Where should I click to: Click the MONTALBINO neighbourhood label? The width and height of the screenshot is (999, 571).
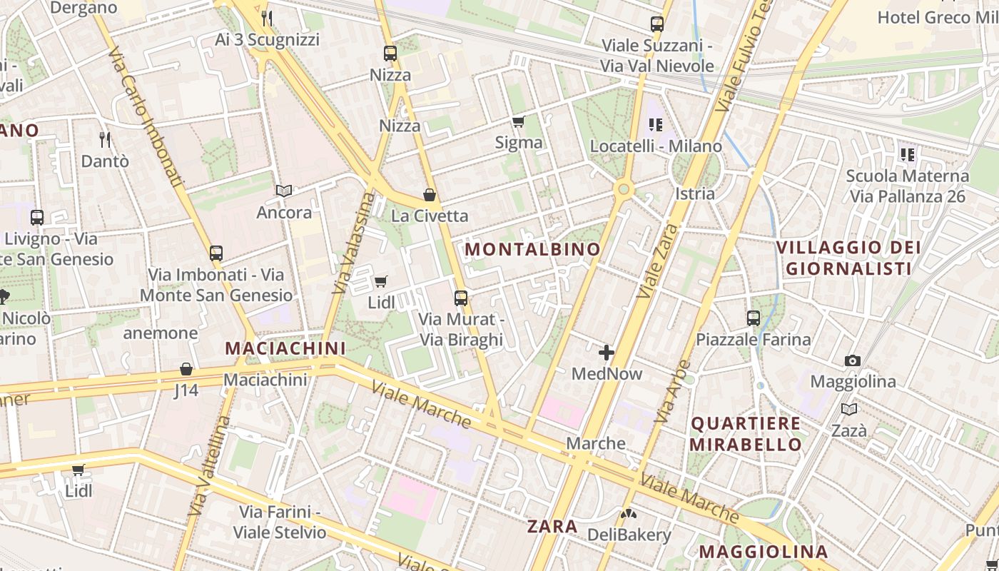point(532,249)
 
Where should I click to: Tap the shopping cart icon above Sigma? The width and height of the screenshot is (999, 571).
point(519,122)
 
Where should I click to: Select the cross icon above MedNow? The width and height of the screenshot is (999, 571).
point(607,353)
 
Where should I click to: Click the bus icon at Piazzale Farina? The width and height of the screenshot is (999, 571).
point(754,318)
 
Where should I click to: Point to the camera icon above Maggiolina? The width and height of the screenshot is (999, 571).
point(852,360)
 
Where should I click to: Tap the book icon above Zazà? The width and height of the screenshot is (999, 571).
point(848,409)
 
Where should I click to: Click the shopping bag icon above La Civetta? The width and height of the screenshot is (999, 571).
point(430,195)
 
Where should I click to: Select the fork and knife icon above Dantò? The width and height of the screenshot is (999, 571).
point(105,139)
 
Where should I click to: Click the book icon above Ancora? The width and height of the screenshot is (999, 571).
point(284,191)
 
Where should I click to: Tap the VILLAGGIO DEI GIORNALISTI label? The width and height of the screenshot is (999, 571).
point(848,258)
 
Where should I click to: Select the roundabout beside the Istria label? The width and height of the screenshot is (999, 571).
point(624,188)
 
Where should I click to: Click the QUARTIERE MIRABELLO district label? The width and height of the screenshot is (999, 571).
point(746,433)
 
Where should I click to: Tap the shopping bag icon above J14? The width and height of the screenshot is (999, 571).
point(186,369)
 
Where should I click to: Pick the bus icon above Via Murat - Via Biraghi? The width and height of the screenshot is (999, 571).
point(461,298)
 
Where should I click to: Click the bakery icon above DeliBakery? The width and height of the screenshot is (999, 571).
point(629,513)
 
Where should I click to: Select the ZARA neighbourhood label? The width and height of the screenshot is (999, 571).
point(552,527)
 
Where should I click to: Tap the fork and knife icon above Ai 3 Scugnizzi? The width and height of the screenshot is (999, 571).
point(267,18)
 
